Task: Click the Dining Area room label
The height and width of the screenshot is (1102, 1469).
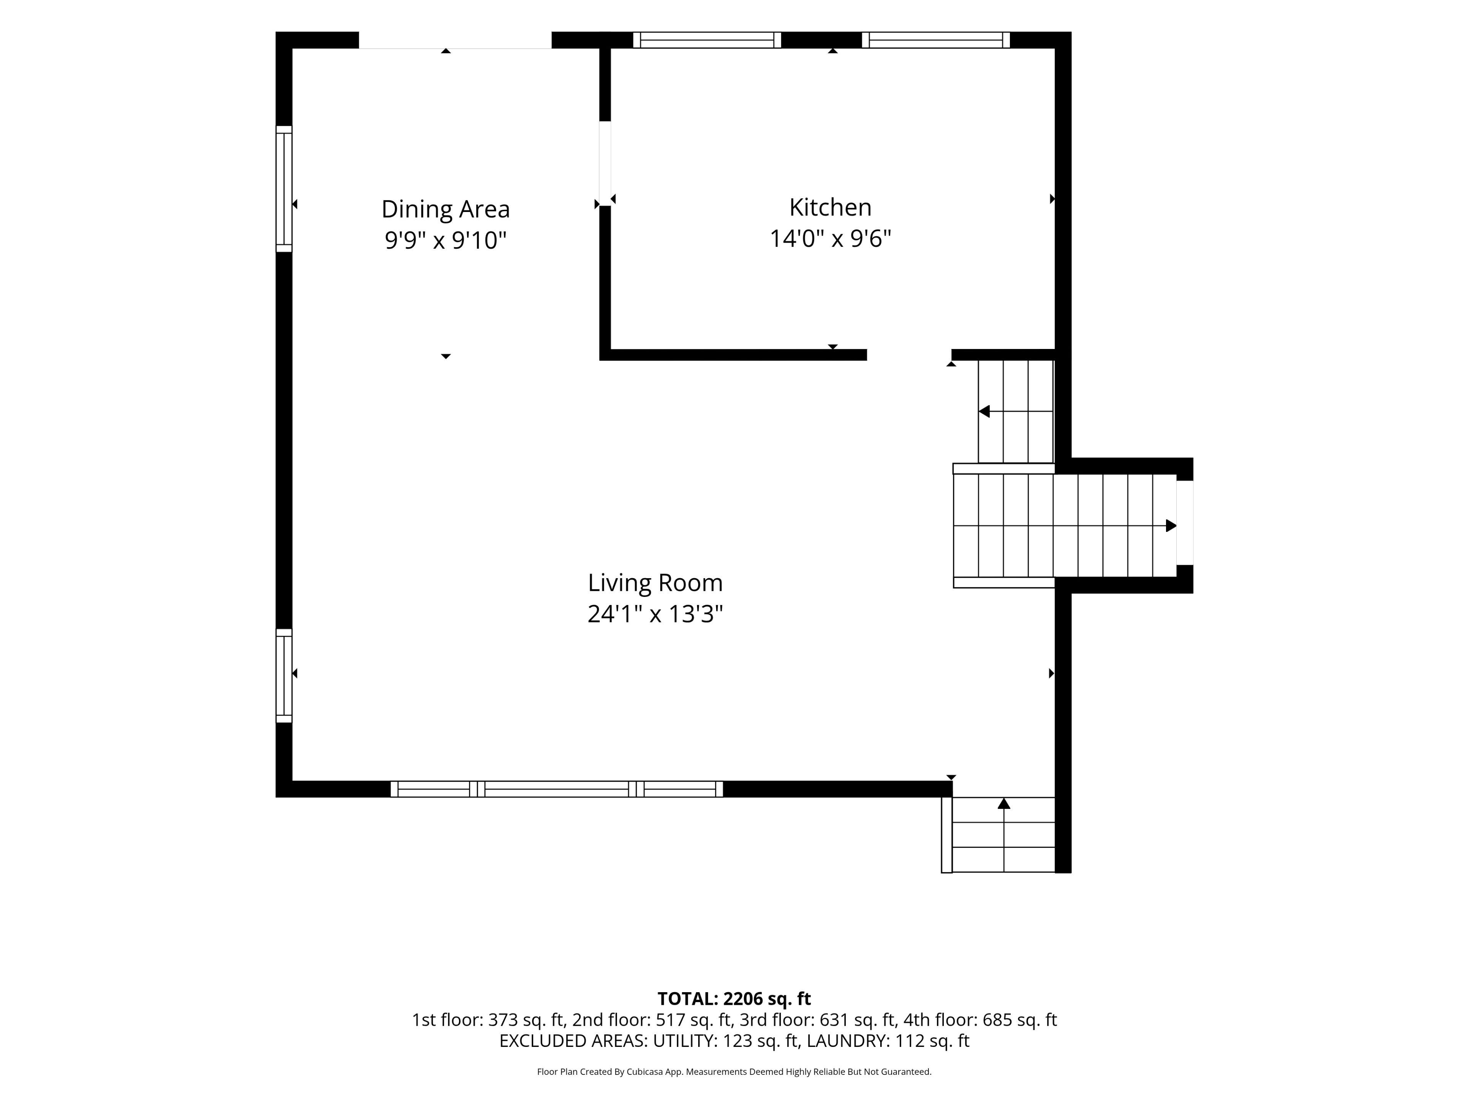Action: coord(446,209)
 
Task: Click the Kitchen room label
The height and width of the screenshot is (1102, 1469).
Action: coord(830,207)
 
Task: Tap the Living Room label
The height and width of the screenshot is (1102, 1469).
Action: coord(655,583)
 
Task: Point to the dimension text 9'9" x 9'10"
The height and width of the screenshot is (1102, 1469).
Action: coord(446,240)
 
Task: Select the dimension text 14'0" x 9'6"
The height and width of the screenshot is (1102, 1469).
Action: coord(830,238)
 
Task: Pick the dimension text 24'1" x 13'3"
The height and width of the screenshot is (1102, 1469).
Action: coord(655,614)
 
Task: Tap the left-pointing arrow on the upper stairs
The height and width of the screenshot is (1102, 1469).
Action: coord(1015,412)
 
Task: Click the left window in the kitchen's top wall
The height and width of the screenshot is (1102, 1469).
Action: coord(707,40)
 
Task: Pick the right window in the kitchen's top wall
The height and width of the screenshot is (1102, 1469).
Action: coord(936,40)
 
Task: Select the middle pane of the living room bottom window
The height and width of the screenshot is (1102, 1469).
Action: coord(557,789)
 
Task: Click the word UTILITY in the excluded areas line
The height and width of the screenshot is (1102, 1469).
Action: coord(684,1041)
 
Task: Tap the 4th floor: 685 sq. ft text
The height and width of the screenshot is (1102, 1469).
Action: coord(980,1020)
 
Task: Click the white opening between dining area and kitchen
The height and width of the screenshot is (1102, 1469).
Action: coord(604,163)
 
